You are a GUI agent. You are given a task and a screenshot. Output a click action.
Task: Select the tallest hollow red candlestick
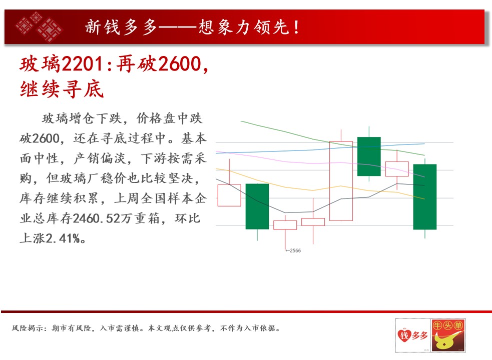[x=341, y=181]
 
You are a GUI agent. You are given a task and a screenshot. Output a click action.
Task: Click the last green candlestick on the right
[x=425, y=197]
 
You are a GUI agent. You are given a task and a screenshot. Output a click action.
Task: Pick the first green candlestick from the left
[x=257, y=206]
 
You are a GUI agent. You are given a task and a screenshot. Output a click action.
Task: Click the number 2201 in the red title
[x=82, y=64]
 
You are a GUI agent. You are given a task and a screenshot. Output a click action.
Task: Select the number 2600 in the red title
[x=180, y=64]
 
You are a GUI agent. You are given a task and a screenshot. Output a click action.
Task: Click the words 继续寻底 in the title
[x=62, y=89]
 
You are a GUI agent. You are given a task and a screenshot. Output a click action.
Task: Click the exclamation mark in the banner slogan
[x=296, y=27]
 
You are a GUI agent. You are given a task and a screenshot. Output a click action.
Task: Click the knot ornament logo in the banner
[x=39, y=26]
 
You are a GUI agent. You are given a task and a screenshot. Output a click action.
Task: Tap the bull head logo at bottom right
[x=448, y=335]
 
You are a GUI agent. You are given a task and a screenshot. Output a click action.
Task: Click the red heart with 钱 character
[x=404, y=335]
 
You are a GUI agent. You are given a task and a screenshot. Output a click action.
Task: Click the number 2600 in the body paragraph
[x=46, y=138]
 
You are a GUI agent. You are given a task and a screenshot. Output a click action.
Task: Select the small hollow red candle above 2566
[x=285, y=225]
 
